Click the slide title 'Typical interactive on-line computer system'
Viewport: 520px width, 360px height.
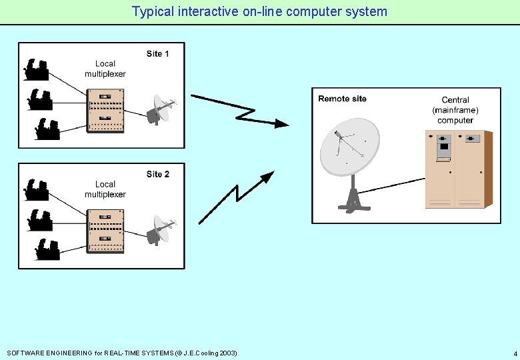[x=259, y=11]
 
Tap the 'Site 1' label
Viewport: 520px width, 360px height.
[x=158, y=53]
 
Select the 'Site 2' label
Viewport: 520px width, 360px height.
[x=158, y=174]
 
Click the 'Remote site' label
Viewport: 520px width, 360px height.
[x=342, y=99]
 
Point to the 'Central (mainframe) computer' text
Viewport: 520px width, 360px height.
[x=455, y=110]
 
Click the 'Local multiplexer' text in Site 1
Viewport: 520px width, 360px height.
[x=105, y=69]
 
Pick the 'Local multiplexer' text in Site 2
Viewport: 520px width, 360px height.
[x=105, y=189]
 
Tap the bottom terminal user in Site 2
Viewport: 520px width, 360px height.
[x=47, y=249]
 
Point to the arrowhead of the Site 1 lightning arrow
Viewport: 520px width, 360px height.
[x=282, y=123]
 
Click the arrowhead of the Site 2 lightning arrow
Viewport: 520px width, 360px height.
[x=267, y=177]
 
